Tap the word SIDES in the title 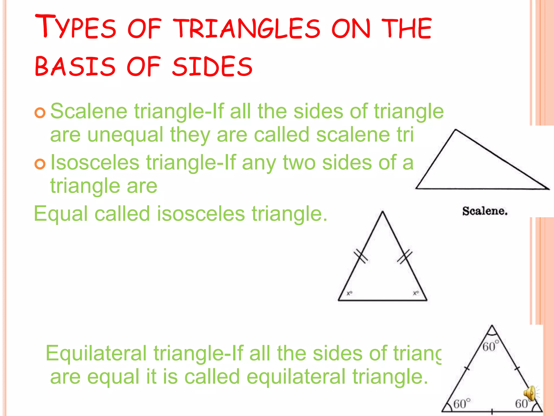[212, 66]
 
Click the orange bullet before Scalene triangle [40, 113]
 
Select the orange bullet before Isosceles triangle [40, 164]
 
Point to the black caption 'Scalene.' [485, 211]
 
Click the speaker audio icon [530, 393]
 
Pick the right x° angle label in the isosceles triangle [416, 293]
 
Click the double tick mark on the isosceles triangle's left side [361, 256]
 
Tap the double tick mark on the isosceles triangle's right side [405, 256]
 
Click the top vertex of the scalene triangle [456, 130]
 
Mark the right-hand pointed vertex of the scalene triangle [548, 188]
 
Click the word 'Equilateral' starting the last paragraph [96, 353]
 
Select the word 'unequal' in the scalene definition [125, 135]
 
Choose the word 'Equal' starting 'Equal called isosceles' [61, 214]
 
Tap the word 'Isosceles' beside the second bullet [95, 162]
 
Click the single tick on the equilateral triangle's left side [467, 368]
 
